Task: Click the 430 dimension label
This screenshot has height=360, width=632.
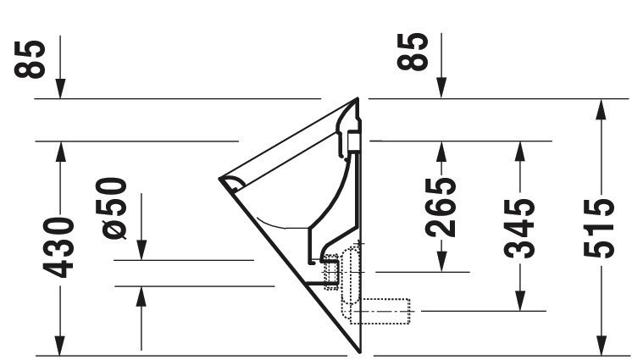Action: (58, 247)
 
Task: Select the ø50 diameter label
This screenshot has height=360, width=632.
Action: (111, 208)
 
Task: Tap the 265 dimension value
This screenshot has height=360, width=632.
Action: (441, 208)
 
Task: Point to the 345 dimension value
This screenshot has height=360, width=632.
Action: (519, 228)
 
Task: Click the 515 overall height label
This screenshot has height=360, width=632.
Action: (599, 228)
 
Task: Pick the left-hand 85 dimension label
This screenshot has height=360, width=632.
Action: (30, 58)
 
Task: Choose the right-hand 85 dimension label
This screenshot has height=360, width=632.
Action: (413, 52)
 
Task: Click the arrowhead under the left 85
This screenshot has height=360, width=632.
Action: (60, 89)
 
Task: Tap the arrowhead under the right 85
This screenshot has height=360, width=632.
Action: (441, 89)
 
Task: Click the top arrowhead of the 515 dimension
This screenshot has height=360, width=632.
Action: (601, 108)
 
